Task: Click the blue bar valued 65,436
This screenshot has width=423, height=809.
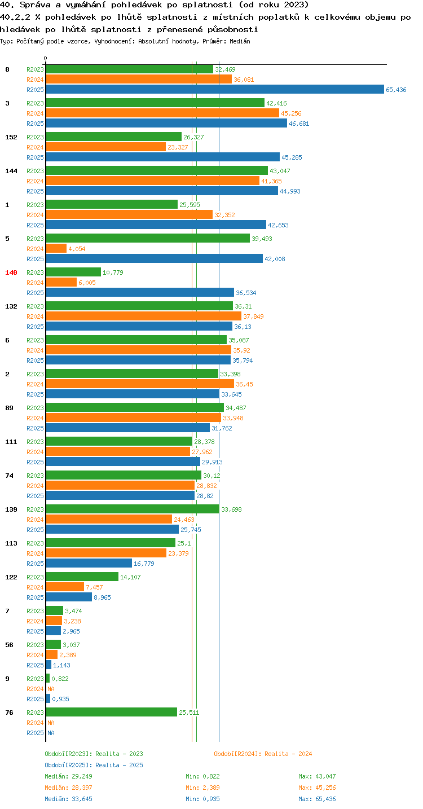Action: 215,89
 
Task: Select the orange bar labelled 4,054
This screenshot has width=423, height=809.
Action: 56,248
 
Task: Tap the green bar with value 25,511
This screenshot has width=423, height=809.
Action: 112,712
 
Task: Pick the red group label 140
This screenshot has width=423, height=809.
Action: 11,272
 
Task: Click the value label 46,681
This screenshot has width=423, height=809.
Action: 299,124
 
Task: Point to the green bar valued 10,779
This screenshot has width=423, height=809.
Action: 73,272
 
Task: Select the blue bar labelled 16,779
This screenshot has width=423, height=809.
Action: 89,563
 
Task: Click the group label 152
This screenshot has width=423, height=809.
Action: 11,137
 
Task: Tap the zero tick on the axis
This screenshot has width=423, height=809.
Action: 46,58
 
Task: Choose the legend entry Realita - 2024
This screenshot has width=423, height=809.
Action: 263,754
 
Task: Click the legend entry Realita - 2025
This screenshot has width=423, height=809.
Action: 94,765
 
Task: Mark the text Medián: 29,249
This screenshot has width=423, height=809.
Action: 68,776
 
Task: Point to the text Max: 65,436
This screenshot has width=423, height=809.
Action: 317,799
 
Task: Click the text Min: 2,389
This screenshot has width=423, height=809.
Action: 202,788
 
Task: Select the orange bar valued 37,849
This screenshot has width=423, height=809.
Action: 144,316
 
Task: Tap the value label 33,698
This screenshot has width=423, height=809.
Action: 231,509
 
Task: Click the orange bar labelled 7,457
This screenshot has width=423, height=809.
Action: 65,587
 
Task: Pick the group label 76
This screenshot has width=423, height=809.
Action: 9,712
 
